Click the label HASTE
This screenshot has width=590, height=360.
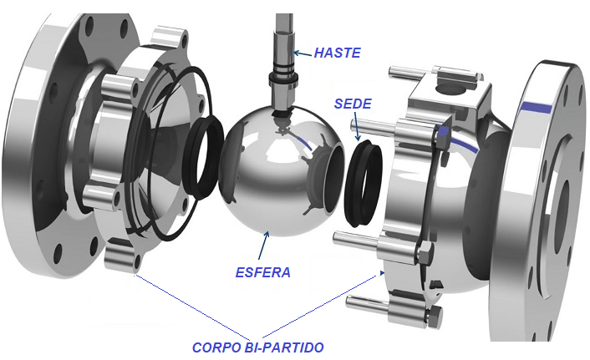[338, 53]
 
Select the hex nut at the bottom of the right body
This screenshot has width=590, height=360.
[435, 316]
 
